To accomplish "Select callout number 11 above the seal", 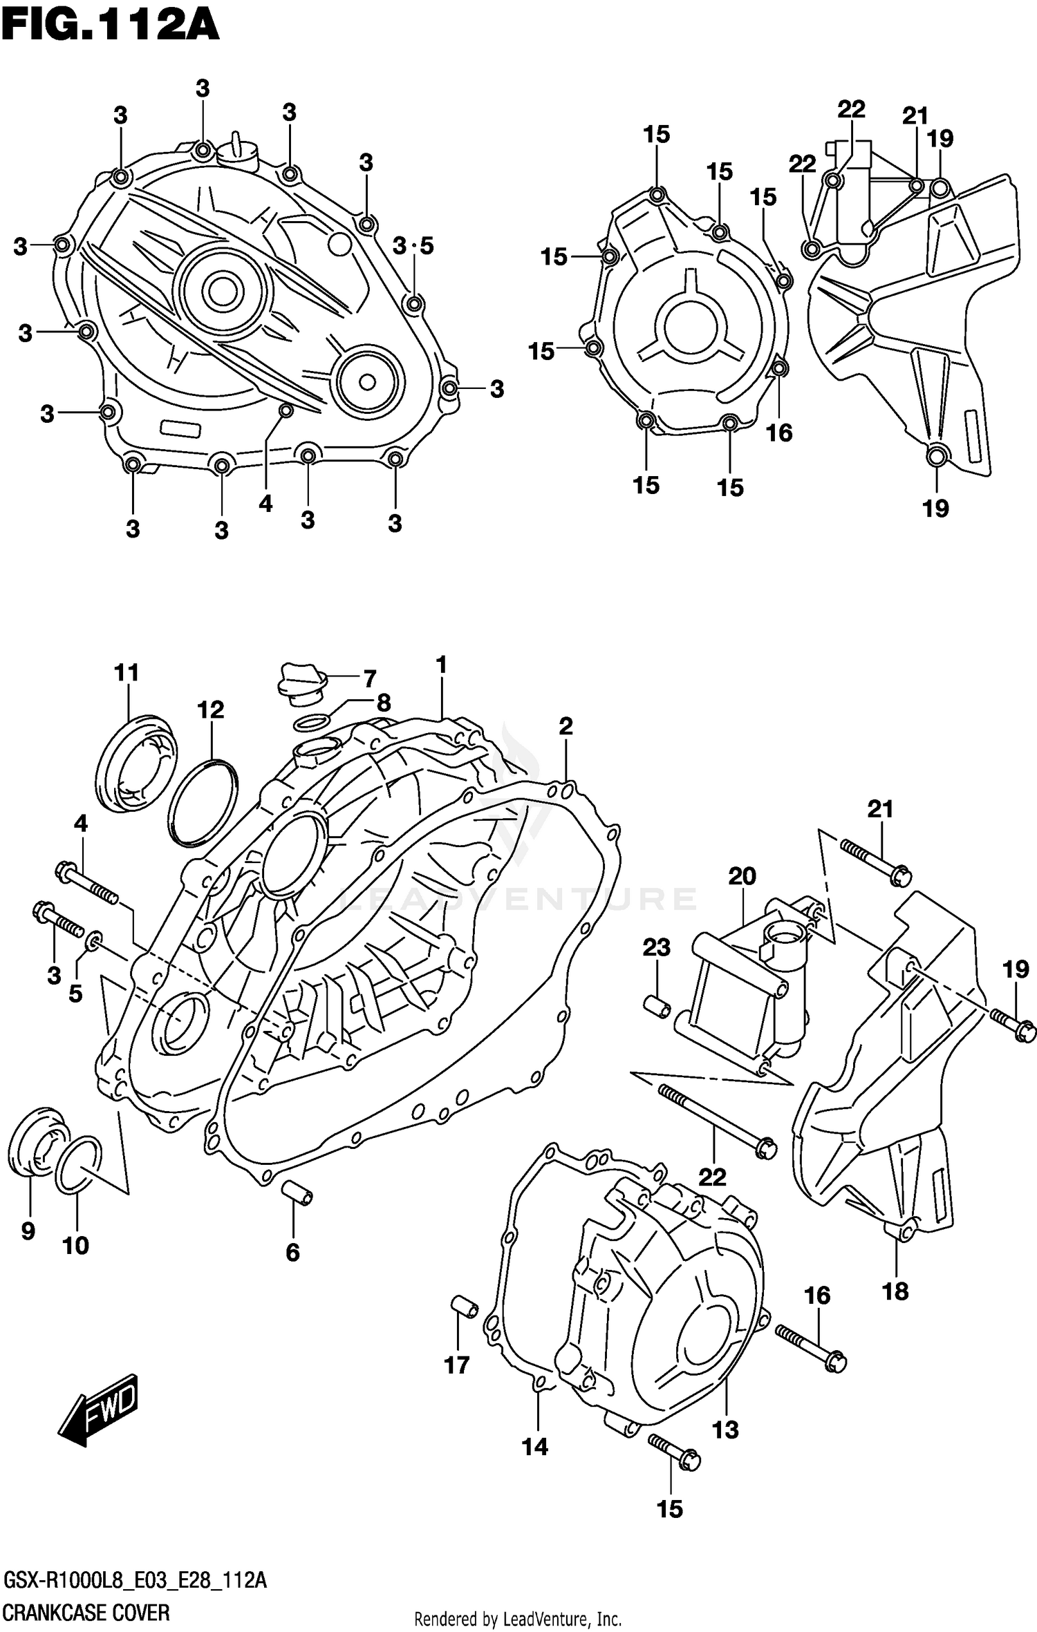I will pyautogui.click(x=127, y=672).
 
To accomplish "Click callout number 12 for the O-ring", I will pyautogui.click(x=210, y=710).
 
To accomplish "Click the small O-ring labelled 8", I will pyautogui.click(x=310, y=723).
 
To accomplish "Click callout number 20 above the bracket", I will pyautogui.click(x=742, y=876).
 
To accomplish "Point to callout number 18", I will pyautogui.click(x=895, y=1291).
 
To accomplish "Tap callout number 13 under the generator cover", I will pyautogui.click(x=725, y=1430).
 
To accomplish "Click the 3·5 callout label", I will pyautogui.click(x=413, y=245).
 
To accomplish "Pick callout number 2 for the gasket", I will pyautogui.click(x=566, y=726).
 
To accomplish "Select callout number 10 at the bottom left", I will pyautogui.click(x=75, y=1245).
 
